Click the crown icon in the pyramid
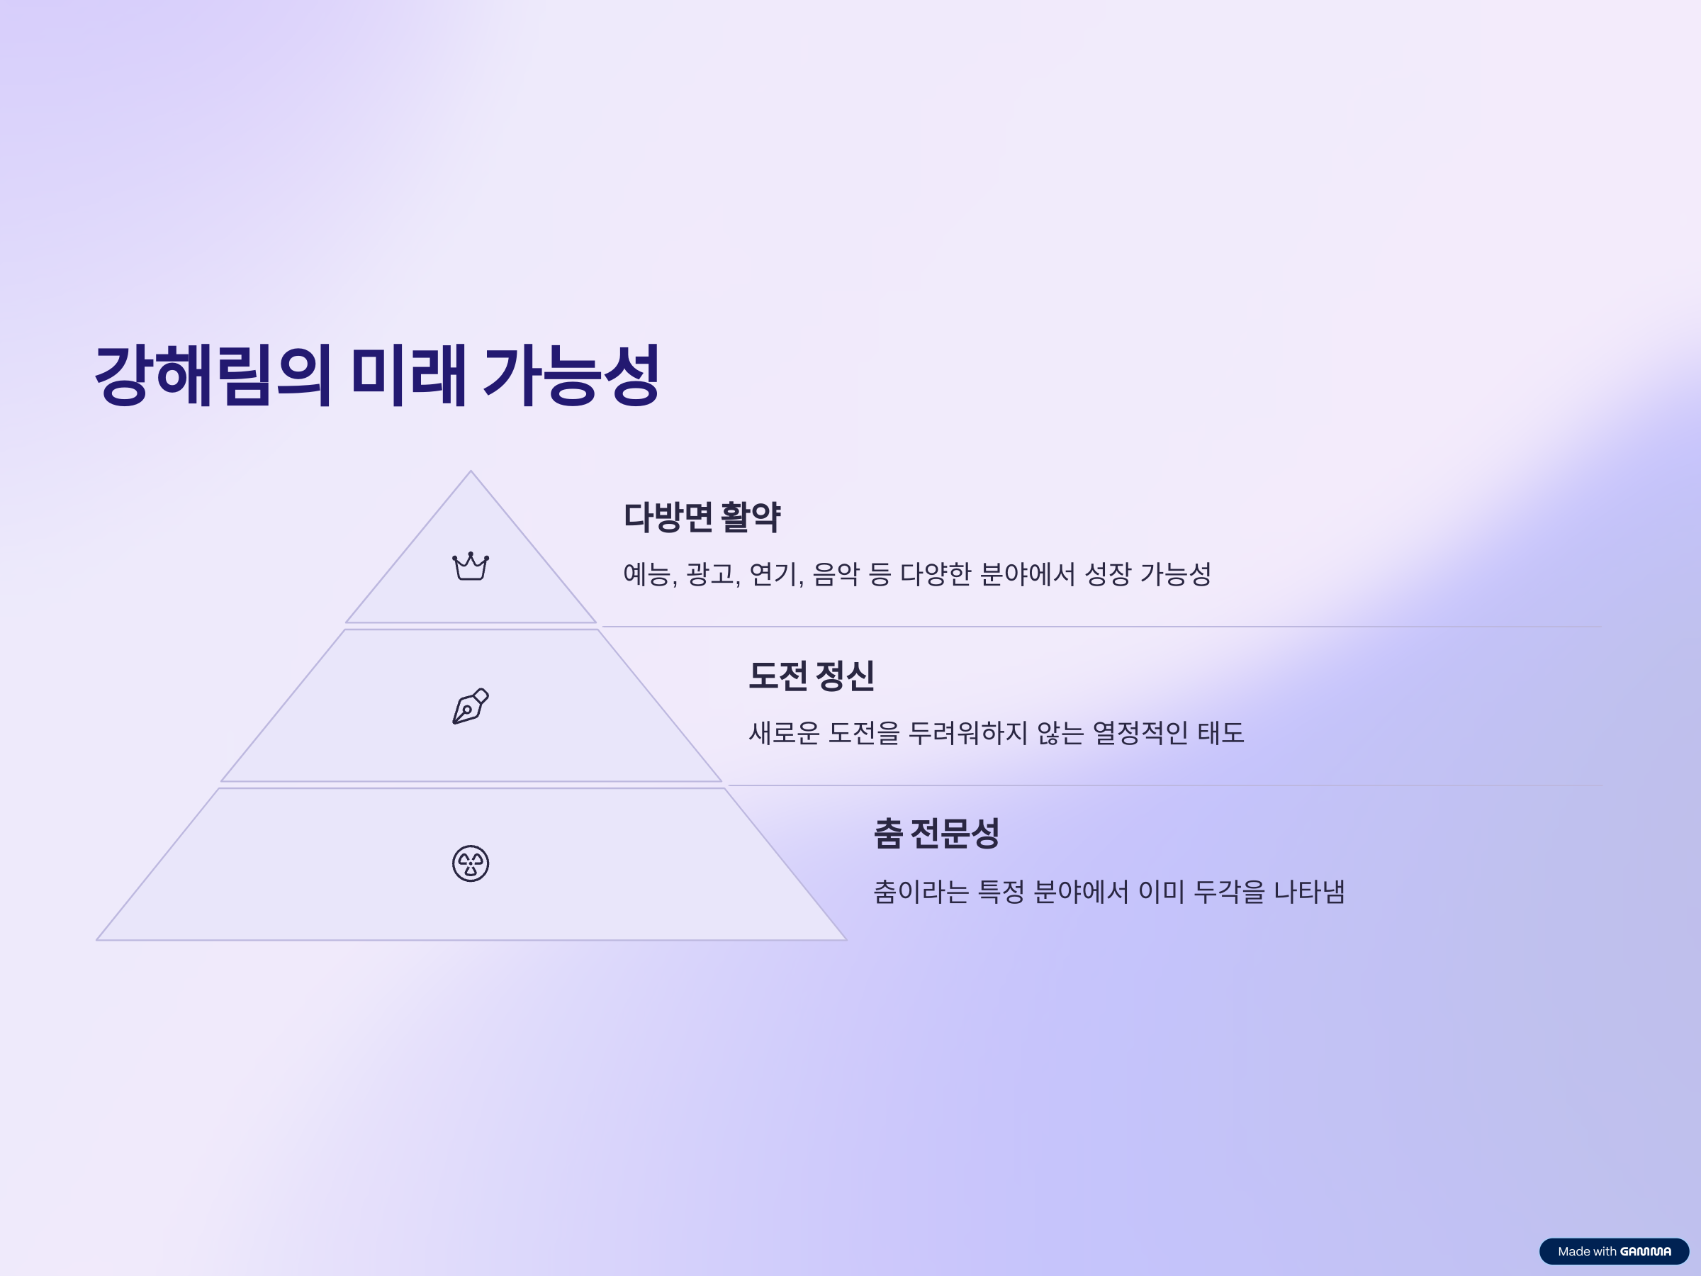[x=471, y=566]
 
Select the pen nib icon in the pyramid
[x=471, y=706]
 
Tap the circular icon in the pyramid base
[x=471, y=863]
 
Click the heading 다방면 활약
[x=702, y=517]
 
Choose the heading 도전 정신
[x=812, y=676]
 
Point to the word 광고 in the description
[x=709, y=573]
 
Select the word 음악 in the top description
[x=835, y=573]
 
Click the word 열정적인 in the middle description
[x=1140, y=732]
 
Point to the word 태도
[x=1221, y=732]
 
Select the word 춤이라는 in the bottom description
[x=921, y=892]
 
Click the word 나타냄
[x=1309, y=892]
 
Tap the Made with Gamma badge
[x=1614, y=1251]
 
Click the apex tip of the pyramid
[x=471, y=471]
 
